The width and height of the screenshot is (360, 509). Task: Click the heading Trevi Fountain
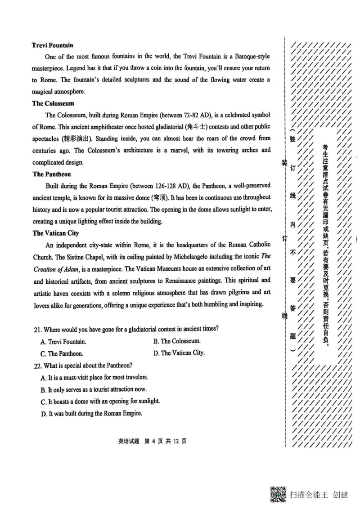point(53,45)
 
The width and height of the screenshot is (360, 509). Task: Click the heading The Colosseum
point(53,103)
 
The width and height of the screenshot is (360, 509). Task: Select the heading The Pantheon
point(52,174)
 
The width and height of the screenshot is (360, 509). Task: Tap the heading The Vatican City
point(55,233)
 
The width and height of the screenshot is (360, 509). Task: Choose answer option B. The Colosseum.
point(177,341)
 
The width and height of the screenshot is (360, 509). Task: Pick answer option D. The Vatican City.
point(179,353)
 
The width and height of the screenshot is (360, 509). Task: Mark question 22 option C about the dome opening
point(100,401)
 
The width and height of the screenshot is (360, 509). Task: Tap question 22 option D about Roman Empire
point(91,413)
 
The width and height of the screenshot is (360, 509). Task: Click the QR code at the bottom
point(278,494)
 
